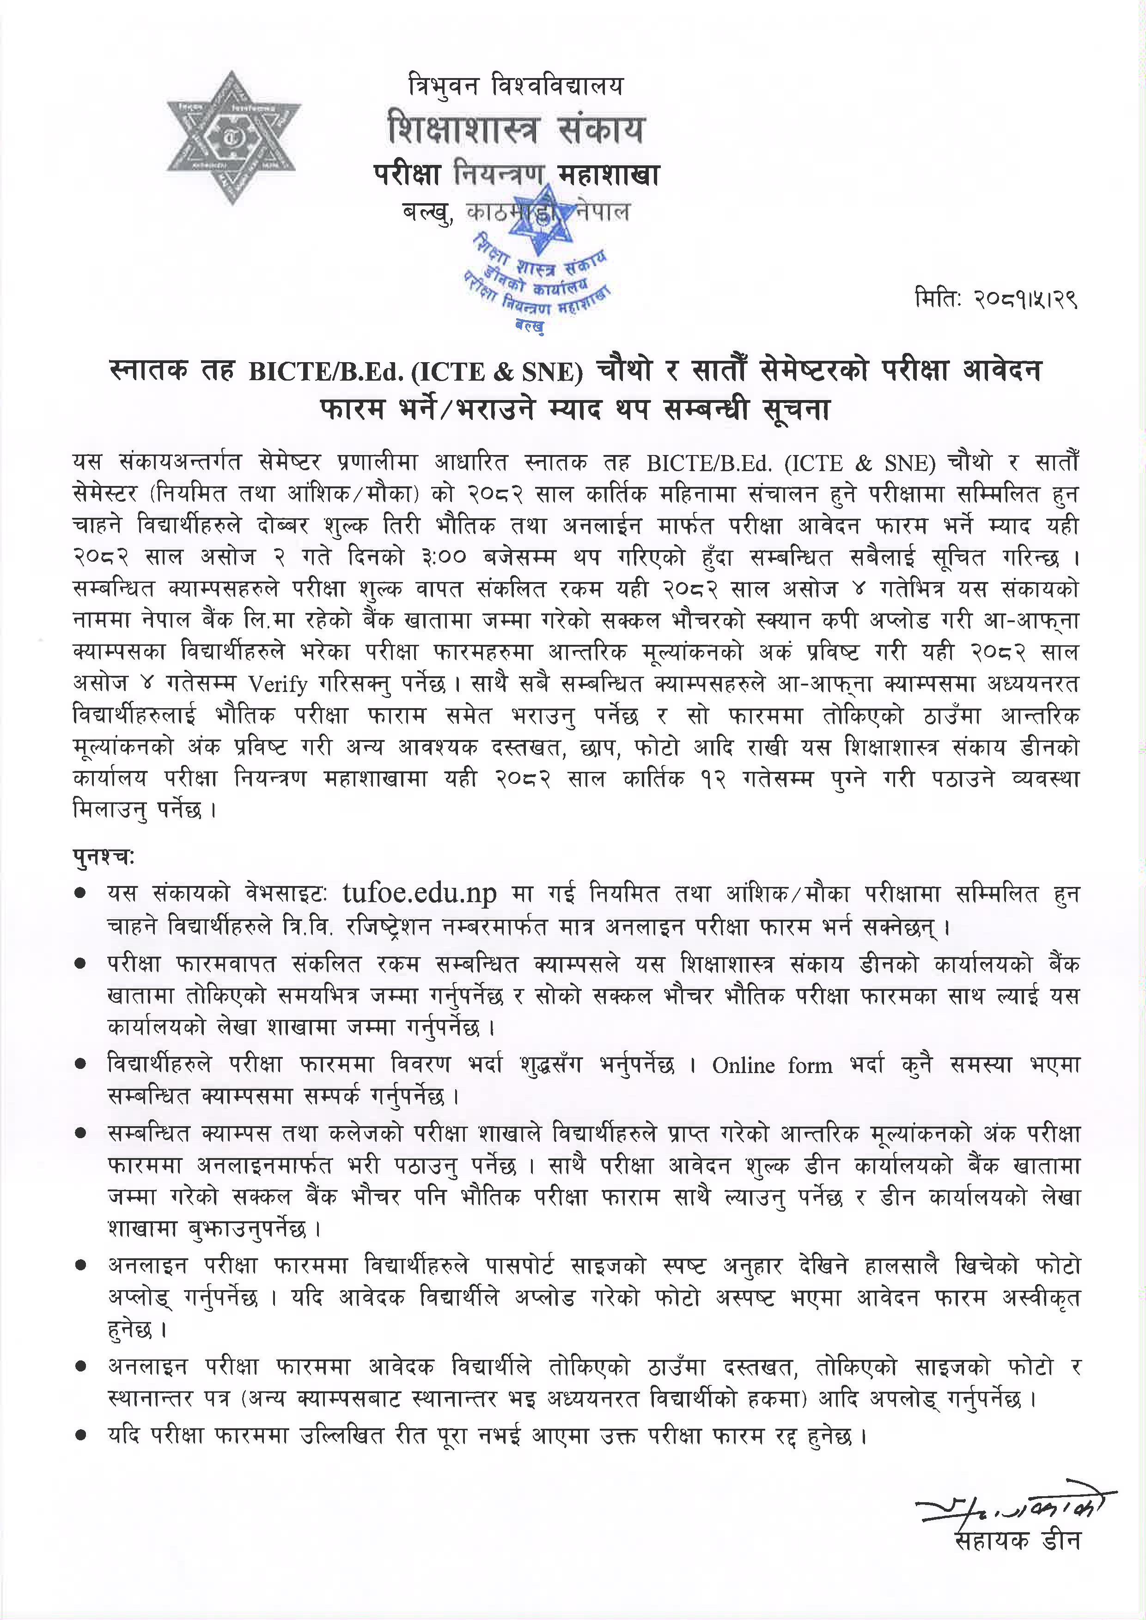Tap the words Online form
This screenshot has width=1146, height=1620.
click(x=772, y=1065)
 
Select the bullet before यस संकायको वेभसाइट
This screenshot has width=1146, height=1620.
click(x=81, y=894)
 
